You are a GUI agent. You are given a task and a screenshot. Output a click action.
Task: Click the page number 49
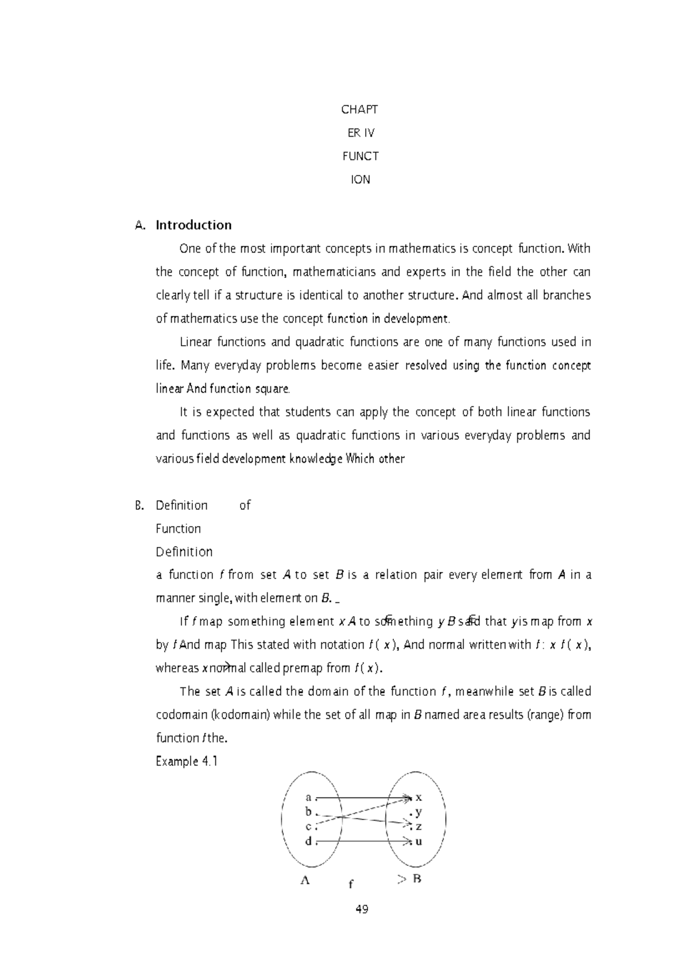coord(361,909)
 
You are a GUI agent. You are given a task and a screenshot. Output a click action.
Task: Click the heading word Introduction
coord(193,225)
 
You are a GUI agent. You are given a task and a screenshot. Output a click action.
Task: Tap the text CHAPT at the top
coord(359,109)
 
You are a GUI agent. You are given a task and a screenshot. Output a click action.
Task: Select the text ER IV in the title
coord(361,133)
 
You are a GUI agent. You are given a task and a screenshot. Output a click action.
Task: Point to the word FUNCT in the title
coord(360,156)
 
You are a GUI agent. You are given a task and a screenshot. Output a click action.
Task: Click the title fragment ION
coord(361,180)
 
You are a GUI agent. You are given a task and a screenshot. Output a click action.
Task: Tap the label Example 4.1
coord(187,762)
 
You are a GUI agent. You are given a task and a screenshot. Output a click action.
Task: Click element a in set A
coord(308,797)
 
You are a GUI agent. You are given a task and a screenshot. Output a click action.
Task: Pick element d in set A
coord(308,841)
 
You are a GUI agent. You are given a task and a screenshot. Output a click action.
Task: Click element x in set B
coord(419,797)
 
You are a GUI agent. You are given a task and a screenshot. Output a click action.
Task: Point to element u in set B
coord(419,841)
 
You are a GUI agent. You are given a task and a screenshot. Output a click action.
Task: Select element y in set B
coord(419,812)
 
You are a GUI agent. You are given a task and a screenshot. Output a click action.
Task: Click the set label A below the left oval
coord(305,880)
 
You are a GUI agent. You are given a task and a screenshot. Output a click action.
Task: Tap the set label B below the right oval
coord(417,879)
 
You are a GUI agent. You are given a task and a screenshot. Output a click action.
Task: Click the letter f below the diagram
coord(351,885)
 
